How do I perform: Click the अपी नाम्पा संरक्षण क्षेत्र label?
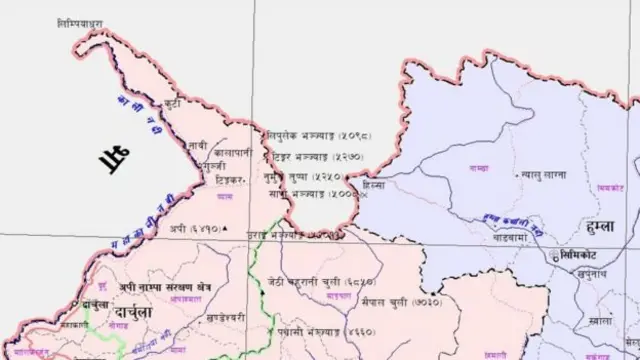pyautogui.click(x=148, y=285)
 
